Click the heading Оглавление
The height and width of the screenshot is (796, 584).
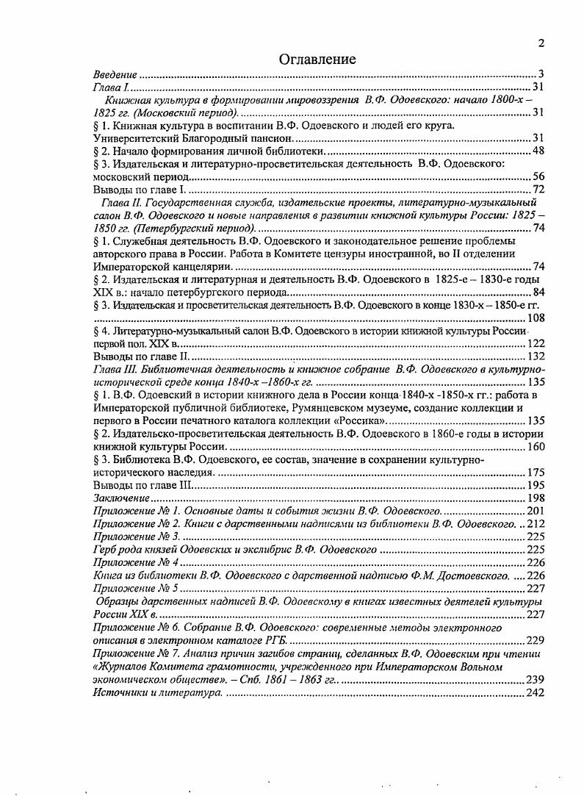pyautogui.click(x=317, y=60)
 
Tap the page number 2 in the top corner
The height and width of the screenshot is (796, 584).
pyautogui.click(x=541, y=43)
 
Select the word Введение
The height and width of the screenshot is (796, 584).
pyautogui.click(x=116, y=74)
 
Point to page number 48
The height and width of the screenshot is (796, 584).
pyautogui.click(x=537, y=151)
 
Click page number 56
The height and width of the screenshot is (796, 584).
pyautogui.click(x=537, y=177)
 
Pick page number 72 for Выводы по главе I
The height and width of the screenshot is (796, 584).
pyautogui.click(x=537, y=190)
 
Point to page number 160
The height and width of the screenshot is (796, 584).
pyautogui.click(x=536, y=446)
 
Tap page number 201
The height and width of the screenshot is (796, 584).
pyautogui.click(x=536, y=511)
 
